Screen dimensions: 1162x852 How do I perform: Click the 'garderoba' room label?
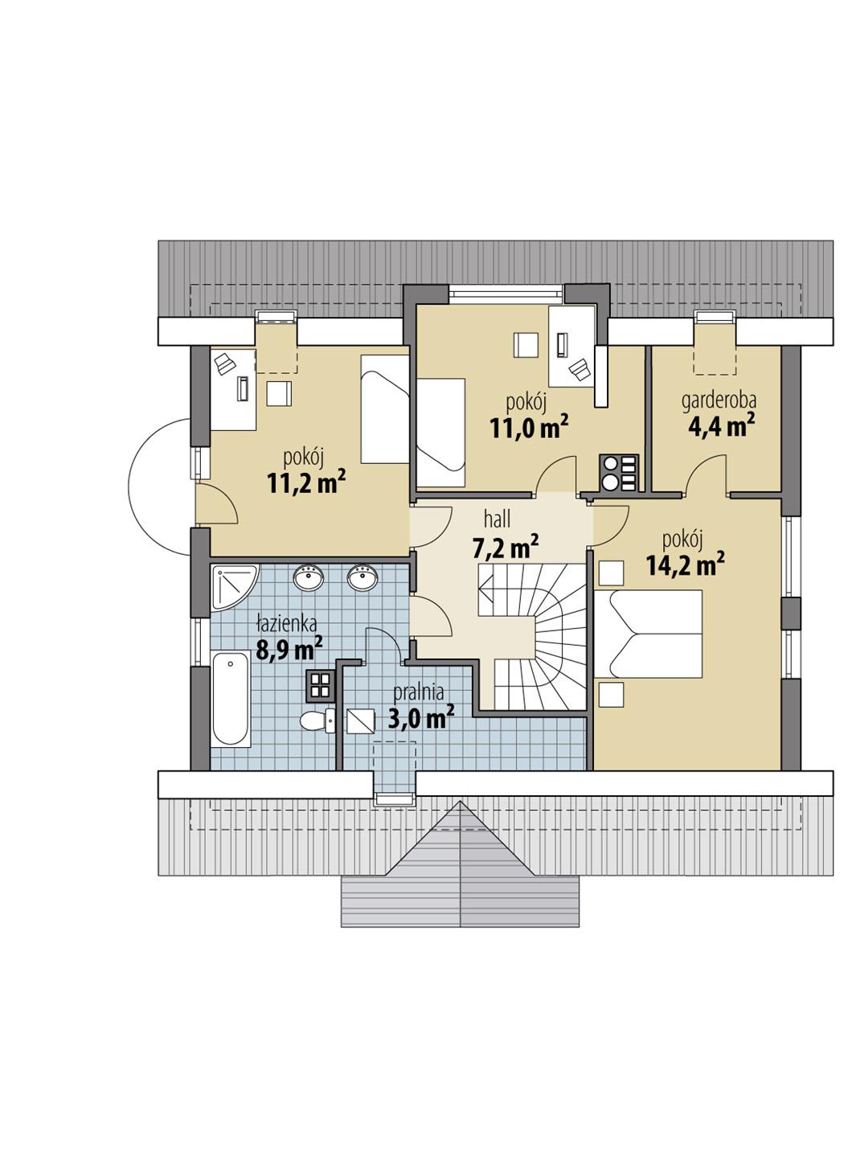click(x=719, y=400)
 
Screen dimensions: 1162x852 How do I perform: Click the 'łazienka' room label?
click(x=287, y=622)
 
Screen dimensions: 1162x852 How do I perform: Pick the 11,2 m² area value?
click(x=306, y=482)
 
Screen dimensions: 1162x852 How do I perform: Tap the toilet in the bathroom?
click(x=318, y=721)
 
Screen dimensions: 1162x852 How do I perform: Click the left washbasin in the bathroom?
click(x=309, y=577)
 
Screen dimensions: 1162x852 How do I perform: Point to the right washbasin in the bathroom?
click(x=363, y=577)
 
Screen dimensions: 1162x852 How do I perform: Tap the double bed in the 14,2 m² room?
click(x=655, y=634)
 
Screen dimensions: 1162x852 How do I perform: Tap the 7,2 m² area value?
click(x=506, y=548)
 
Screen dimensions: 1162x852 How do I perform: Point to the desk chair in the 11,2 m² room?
click(x=224, y=363)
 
